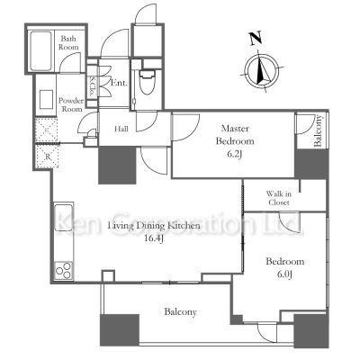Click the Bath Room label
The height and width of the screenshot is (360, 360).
pos(68,43)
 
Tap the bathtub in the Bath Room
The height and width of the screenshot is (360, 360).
pos(41,50)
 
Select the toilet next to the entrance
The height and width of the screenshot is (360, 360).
pos(147,82)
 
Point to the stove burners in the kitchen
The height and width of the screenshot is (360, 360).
pos(64,270)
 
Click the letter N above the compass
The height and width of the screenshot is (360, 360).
pos(256,39)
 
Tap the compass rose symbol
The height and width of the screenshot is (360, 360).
pos(262,72)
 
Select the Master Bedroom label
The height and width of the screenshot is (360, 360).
pos(235,135)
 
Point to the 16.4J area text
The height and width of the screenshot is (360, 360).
pos(153,239)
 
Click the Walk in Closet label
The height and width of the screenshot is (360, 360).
pos(279,198)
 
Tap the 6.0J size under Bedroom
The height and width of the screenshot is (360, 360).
pos(284,274)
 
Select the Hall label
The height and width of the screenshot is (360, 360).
pos(121,129)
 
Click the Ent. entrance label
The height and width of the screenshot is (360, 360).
pos(119,83)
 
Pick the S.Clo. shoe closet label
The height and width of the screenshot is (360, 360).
pos(92,87)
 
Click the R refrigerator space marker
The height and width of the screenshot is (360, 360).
pos(48,157)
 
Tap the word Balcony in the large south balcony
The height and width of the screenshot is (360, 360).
pos(180,312)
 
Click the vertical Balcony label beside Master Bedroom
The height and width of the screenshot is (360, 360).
pos(318,130)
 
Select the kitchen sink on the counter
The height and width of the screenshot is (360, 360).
pos(64,217)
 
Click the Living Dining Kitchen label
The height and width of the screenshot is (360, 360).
pos(154,226)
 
